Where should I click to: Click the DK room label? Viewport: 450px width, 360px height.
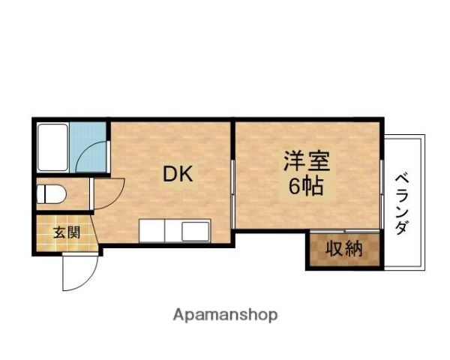[x=179, y=175]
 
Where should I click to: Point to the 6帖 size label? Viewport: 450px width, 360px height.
[x=306, y=186]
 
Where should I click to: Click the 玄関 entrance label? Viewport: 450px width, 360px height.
[x=65, y=232]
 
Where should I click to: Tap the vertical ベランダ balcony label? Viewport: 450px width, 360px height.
[x=403, y=203]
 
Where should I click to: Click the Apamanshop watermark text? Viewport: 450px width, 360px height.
[x=225, y=315]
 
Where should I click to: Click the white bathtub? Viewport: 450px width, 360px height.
[x=53, y=147]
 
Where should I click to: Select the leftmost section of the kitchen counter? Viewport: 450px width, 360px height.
[x=151, y=230]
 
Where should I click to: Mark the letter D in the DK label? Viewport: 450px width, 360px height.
[x=172, y=175]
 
